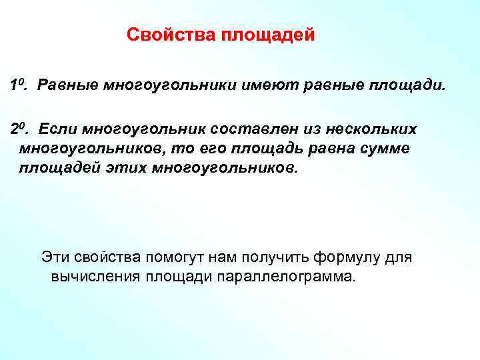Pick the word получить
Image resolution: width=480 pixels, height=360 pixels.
click(x=266, y=257)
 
